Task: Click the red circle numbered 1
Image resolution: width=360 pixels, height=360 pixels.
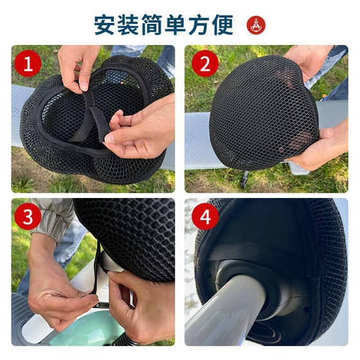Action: click(28, 64)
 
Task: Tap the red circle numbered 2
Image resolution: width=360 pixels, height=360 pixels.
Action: click(205, 64)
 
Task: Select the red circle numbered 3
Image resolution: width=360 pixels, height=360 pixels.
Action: click(28, 216)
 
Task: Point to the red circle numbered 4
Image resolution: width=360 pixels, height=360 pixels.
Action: click(205, 216)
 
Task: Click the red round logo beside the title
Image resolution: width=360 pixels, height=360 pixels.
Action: click(256, 25)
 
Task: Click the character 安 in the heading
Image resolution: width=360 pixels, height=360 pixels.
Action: click(104, 25)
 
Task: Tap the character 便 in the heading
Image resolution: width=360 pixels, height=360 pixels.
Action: click(222, 25)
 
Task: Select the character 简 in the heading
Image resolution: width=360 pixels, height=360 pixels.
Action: click(152, 25)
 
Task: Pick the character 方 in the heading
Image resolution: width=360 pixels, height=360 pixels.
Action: click(199, 25)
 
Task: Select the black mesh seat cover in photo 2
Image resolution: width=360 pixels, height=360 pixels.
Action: click(264, 113)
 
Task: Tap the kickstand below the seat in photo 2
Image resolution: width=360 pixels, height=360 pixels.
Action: click(245, 179)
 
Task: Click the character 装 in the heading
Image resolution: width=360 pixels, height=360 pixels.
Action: click(128, 25)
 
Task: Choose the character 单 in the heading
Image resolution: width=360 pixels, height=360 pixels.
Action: click(175, 25)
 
